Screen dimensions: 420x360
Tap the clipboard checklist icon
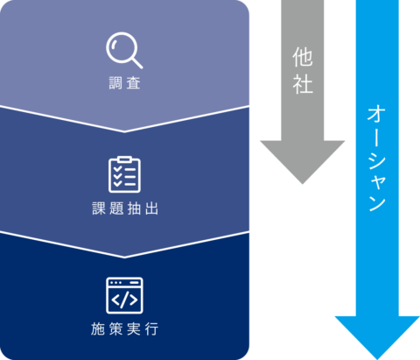(x=124, y=174)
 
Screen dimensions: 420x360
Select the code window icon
(x=124, y=295)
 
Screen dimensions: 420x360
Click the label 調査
(x=125, y=83)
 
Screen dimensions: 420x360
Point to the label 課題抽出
(x=125, y=208)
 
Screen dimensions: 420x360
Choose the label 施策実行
(x=125, y=329)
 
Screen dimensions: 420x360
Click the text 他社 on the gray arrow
(x=303, y=71)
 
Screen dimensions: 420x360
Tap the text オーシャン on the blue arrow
(x=377, y=159)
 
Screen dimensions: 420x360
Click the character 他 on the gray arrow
(x=303, y=57)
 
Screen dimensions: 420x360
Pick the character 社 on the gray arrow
(x=303, y=84)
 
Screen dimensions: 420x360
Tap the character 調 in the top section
(x=115, y=83)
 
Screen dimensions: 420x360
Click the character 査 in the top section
(x=134, y=83)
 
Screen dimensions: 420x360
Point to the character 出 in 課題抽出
(x=151, y=208)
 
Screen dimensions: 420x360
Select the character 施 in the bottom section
(x=98, y=329)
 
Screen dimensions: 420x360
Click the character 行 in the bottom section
(x=152, y=329)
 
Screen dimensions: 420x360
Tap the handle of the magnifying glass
(x=137, y=63)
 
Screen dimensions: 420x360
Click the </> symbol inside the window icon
(x=124, y=300)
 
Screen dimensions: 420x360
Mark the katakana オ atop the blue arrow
(x=377, y=114)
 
